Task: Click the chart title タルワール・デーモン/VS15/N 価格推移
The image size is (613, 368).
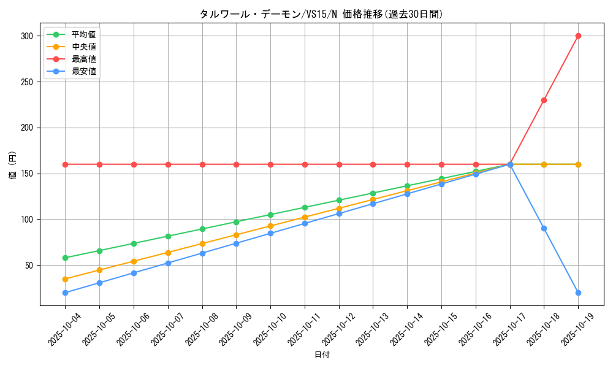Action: pyautogui.click(x=321, y=14)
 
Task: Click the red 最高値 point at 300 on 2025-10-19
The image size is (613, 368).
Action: pyautogui.click(x=578, y=36)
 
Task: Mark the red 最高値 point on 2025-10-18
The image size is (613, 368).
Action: pyautogui.click(x=544, y=100)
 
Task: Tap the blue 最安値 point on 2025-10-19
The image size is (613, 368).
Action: pyautogui.click(x=578, y=293)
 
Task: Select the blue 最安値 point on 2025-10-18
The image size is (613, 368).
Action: pyautogui.click(x=544, y=228)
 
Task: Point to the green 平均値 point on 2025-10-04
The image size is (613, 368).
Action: pyautogui.click(x=66, y=258)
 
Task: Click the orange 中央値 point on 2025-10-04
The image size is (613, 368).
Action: pyautogui.click(x=66, y=279)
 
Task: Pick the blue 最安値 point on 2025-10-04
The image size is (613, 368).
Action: pyautogui.click(x=66, y=293)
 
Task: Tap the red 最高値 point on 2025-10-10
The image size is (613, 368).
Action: pyautogui.click(x=270, y=164)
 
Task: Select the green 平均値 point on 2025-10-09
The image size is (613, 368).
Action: pyautogui.click(x=236, y=222)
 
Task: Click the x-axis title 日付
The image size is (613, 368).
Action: pyautogui.click(x=322, y=355)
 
